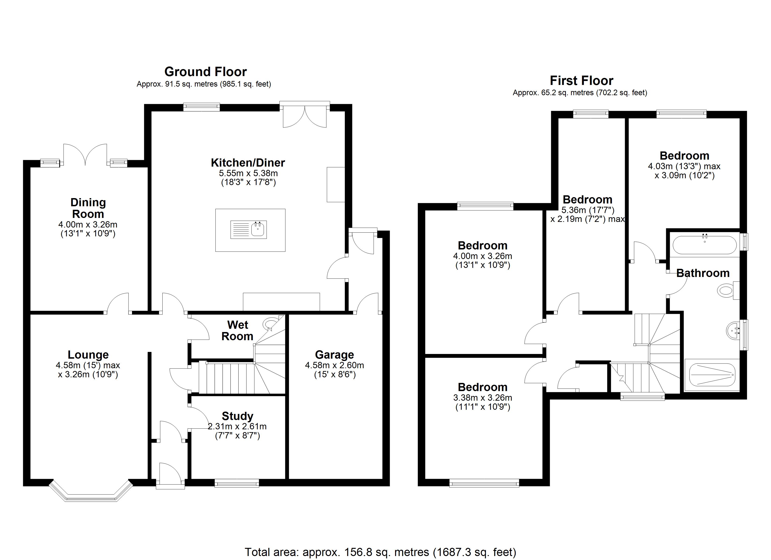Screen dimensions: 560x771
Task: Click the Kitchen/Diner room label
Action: (248, 163)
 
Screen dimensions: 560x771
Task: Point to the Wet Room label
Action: (237, 330)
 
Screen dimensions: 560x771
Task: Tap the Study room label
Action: (237, 416)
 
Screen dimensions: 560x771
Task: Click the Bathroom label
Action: (703, 273)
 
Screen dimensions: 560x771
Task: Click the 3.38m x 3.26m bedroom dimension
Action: (482, 398)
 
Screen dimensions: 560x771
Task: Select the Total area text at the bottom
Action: (380, 552)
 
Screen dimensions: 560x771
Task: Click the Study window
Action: (237, 483)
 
